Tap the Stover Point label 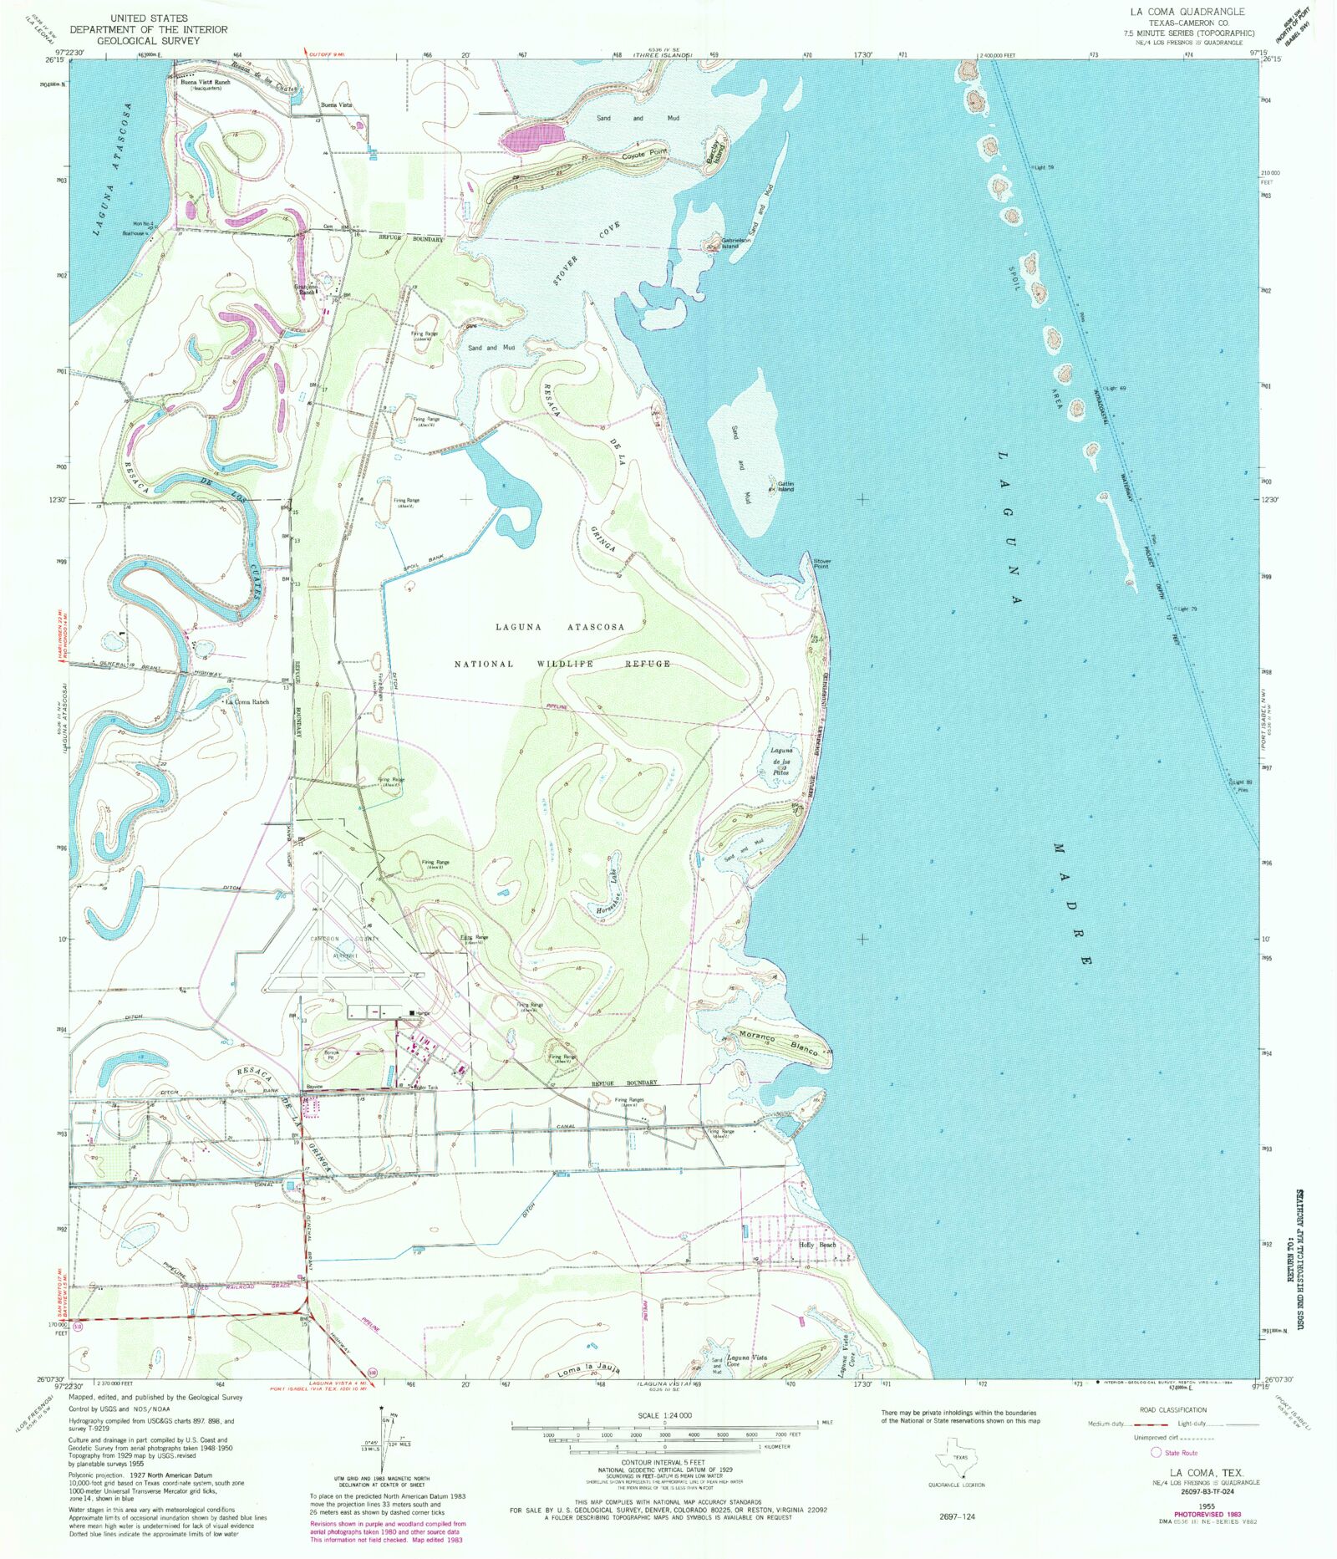pos(821,563)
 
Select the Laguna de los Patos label pos(780,762)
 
